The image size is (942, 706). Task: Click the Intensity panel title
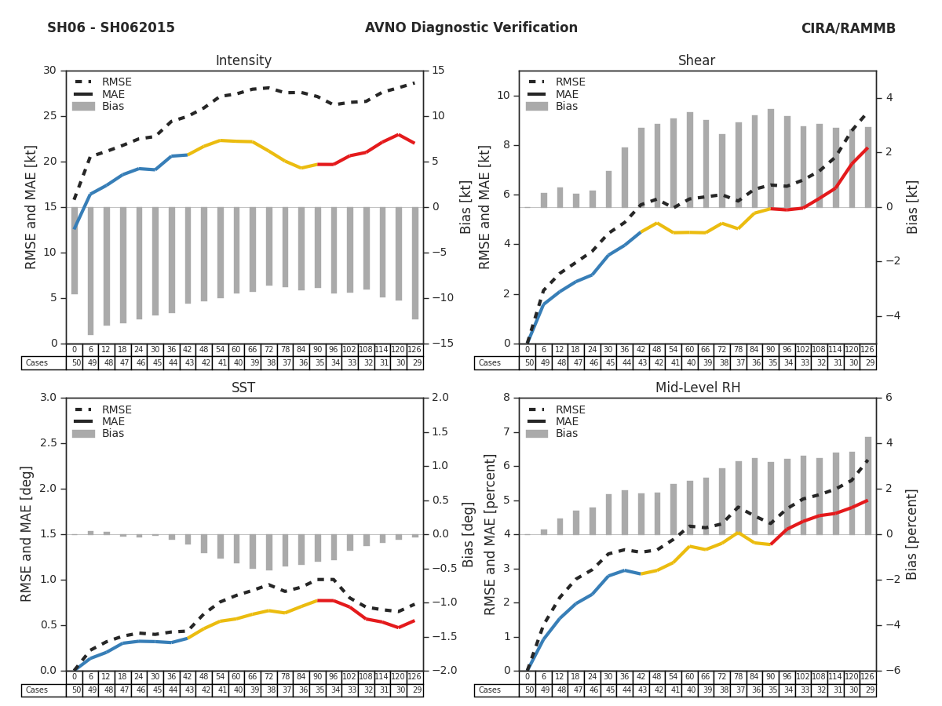point(243,61)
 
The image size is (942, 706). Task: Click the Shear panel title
point(696,61)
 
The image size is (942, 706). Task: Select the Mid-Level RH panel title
point(697,388)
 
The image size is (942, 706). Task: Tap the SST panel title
point(243,388)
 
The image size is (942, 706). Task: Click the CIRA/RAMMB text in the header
point(848,28)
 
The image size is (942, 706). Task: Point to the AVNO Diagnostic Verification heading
point(471,28)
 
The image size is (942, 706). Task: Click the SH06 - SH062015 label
point(111,28)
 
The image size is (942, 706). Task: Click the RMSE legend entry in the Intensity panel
point(116,82)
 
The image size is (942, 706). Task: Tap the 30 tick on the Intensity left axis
point(49,71)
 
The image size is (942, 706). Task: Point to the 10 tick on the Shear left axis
point(502,96)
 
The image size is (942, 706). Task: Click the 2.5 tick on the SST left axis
point(47,443)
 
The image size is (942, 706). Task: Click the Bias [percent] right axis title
point(912,534)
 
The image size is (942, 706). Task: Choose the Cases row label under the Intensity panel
point(37,363)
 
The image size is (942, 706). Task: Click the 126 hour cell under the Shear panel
point(867,350)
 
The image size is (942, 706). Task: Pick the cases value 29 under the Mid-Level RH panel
point(869,690)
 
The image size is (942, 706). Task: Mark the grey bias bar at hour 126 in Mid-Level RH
point(868,486)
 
